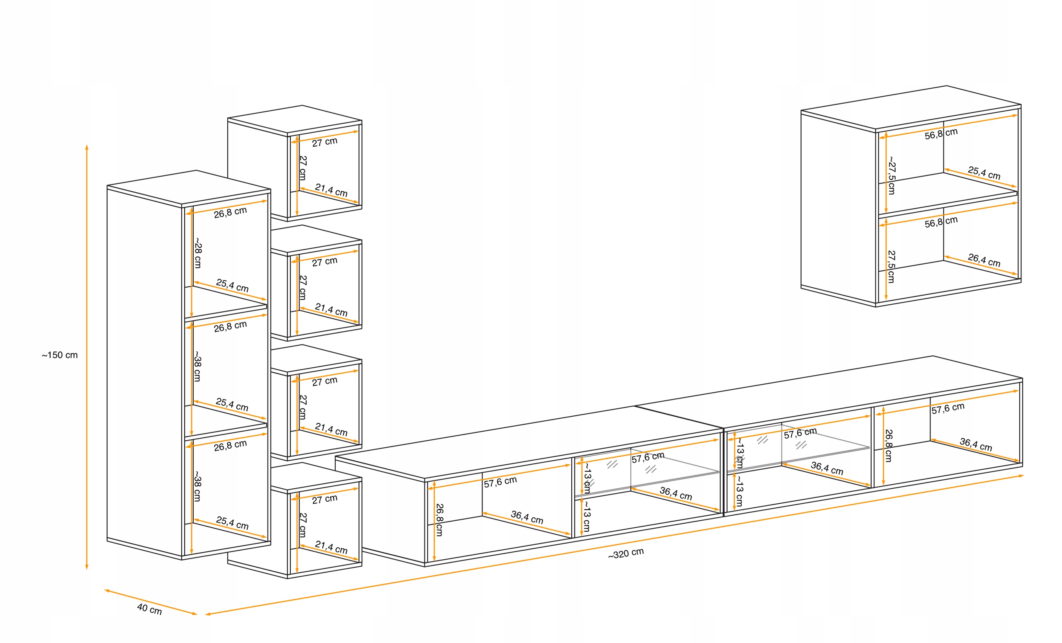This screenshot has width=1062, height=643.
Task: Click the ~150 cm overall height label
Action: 60,355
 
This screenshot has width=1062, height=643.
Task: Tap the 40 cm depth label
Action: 149,609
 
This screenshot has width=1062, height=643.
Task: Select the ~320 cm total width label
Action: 626,553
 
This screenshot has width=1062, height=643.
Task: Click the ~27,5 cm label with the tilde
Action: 891,175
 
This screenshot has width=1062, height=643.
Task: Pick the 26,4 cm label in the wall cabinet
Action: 984,260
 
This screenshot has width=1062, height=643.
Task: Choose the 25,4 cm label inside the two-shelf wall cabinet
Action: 984,172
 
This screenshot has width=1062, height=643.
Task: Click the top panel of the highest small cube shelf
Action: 295,119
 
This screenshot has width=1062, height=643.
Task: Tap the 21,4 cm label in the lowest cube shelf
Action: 331,547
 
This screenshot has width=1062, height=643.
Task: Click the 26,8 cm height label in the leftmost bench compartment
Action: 439,520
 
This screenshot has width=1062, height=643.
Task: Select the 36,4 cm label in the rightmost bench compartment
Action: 976,444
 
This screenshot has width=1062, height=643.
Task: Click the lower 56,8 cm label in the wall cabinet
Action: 941,222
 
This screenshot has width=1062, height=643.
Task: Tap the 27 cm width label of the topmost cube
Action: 324,142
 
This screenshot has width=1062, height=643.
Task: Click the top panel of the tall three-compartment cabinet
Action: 189,187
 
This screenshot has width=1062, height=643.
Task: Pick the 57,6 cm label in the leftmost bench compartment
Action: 500,482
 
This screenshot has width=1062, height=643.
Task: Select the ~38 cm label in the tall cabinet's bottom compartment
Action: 197,486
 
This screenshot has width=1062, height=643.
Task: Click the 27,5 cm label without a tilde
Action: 891,267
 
